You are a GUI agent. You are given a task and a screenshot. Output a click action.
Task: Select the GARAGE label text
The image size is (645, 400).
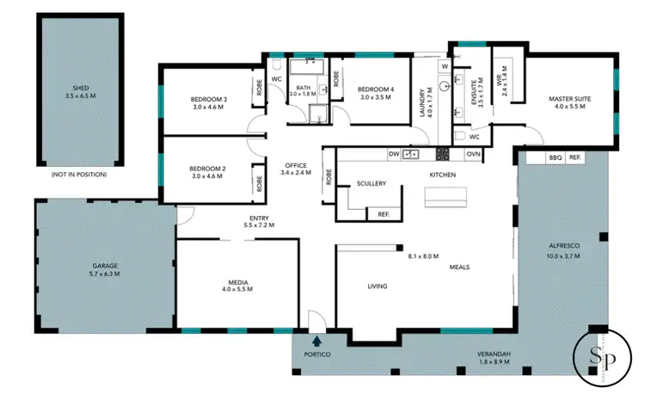click(x=104, y=266)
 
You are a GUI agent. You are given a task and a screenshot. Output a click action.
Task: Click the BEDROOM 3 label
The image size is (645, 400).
click(x=208, y=99)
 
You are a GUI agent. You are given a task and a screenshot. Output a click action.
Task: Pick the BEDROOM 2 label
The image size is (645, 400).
click(x=208, y=168)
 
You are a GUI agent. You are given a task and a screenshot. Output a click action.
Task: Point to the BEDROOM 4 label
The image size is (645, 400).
click(x=375, y=89)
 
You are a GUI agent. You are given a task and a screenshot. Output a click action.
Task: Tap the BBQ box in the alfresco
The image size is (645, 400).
click(x=555, y=157)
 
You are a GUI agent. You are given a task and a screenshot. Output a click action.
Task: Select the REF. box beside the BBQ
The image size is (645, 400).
click(x=574, y=157)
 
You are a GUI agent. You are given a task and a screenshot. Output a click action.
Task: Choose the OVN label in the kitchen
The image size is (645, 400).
click(x=473, y=154)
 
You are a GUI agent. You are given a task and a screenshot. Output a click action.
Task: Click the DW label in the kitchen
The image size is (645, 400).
click(x=394, y=154)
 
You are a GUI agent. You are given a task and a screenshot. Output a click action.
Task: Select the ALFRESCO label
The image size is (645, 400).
click(x=563, y=246)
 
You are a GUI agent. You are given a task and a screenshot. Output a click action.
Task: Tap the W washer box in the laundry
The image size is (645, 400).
click(x=445, y=66)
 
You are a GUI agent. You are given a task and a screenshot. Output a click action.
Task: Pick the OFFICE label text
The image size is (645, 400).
click(x=295, y=165)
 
